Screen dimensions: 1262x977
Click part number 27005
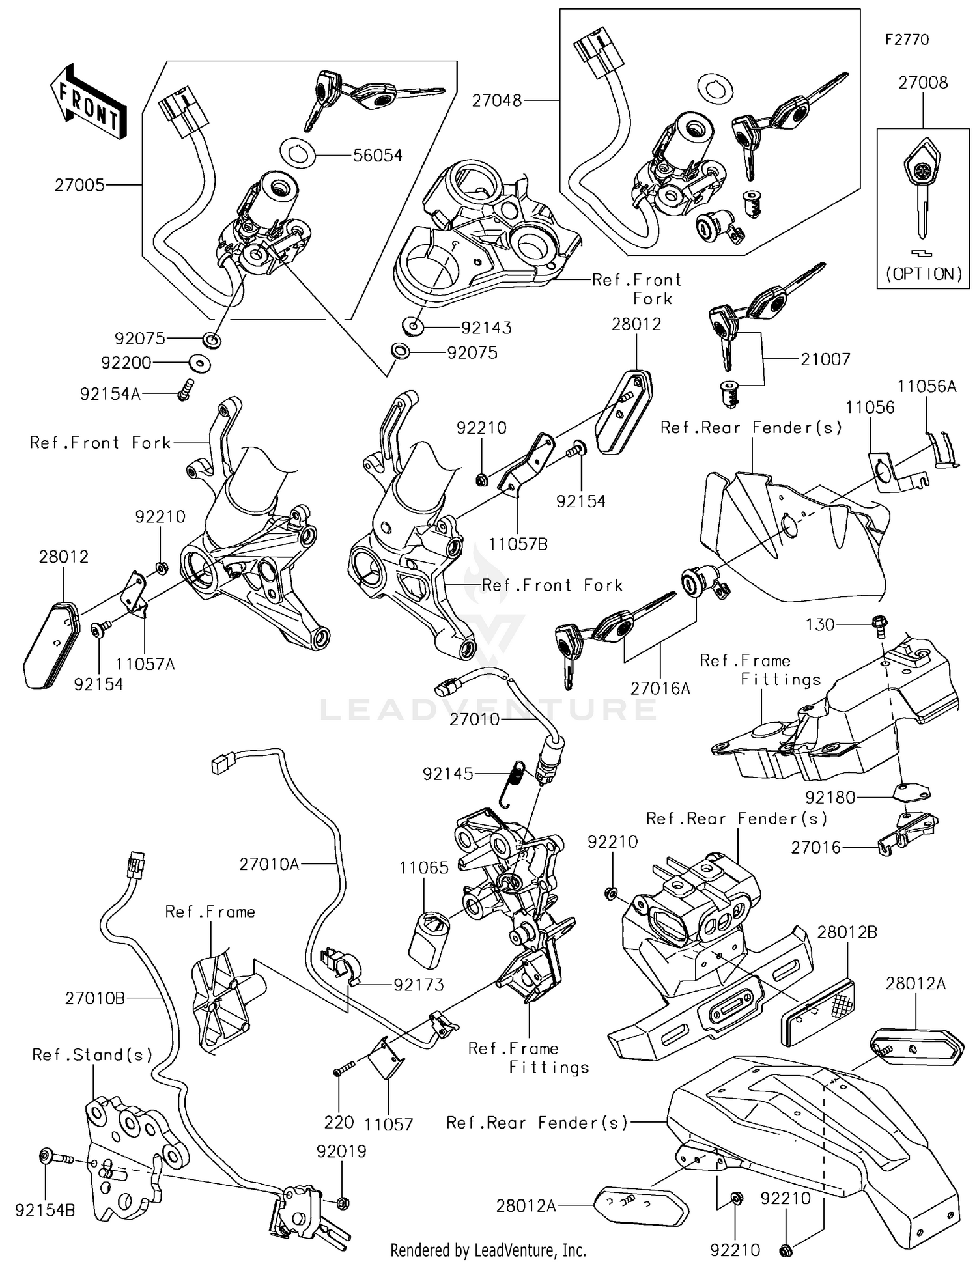pos(79,186)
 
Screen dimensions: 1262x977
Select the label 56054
pos(377,156)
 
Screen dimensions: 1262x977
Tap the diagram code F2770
pos(907,40)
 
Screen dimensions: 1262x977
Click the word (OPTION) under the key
pos(924,274)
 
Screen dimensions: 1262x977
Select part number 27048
pos(497,101)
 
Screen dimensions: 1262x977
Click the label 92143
pos(486,328)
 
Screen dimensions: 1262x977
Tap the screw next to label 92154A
pos(184,389)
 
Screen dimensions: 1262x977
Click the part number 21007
pos(825,359)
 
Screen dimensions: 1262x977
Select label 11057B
pos(518,544)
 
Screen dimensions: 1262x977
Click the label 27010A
pos(269,864)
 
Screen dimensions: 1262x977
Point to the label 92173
pos(419,985)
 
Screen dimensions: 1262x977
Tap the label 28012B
pos(847,932)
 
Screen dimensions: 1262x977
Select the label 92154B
pos(45,1211)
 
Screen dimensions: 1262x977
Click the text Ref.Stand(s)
pos(92,1055)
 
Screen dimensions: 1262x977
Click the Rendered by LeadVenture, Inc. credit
pos(488,1250)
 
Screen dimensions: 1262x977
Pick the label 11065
pos(424,867)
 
